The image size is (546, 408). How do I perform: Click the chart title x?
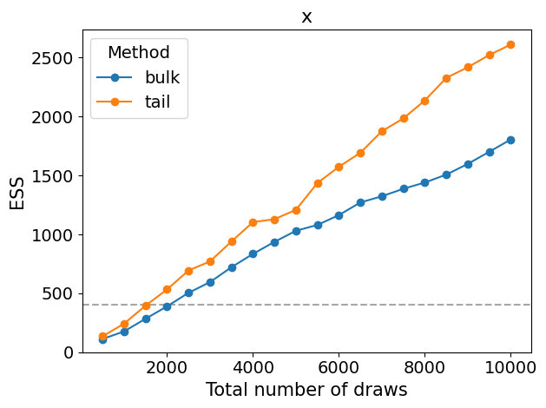click(x=306, y=16)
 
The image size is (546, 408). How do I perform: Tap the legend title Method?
click(x=139, y=52)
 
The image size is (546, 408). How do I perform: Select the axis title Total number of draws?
click(x=306, y=390)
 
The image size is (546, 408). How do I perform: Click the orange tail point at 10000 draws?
click(x=510, y=44)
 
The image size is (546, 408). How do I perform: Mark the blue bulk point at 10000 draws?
click(x=510, y=140)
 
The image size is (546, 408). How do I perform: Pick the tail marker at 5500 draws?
click(x=318, y=183)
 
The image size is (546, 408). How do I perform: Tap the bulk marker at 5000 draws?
click(x=296, y=231)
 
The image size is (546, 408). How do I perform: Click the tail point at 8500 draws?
click(x=446, y=78)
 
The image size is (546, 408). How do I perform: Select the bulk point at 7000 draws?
click(x=382, y=196)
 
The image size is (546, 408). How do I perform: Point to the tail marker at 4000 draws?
click(x=253, y=222)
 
